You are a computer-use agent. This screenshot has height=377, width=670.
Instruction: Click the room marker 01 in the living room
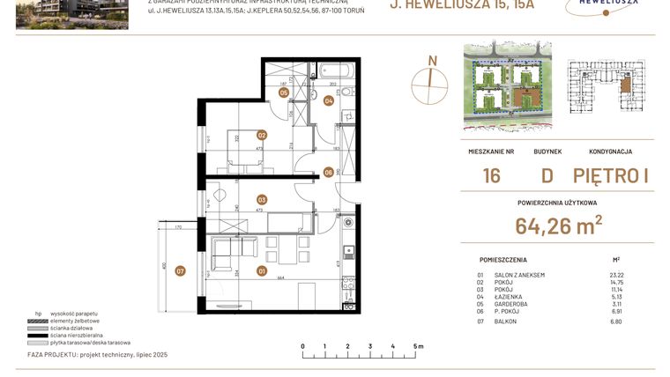pos(262,271)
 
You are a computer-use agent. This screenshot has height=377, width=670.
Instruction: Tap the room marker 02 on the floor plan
pos(262,136)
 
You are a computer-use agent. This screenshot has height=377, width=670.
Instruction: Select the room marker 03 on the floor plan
pos(262,200)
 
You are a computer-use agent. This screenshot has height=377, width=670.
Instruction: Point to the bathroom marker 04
pos(329,101)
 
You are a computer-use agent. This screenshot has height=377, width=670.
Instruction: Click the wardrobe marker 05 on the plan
pos(284,92)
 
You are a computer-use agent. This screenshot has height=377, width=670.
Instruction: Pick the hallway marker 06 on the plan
pos(328,173)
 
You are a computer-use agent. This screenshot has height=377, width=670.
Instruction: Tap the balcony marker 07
pos(181,271)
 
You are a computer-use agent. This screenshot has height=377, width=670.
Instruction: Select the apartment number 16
pos(491,175)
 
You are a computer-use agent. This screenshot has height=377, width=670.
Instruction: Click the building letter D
pos(547,175)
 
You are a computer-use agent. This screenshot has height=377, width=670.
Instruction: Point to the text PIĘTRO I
pos(610,175)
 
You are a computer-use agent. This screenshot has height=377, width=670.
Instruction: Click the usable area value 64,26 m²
pos(558,225)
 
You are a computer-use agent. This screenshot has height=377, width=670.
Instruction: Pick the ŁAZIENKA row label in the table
pos(508,297)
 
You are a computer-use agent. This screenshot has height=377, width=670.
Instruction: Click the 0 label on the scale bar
pos(302,347)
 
